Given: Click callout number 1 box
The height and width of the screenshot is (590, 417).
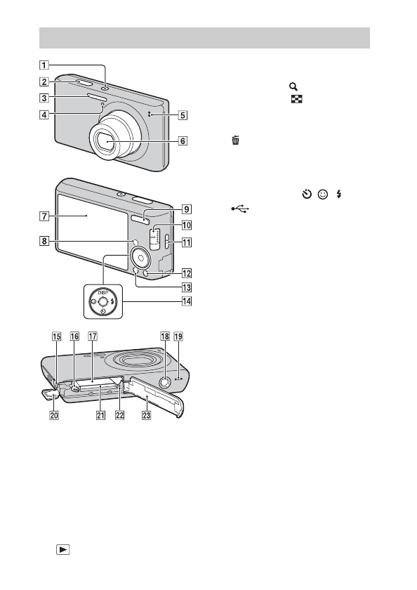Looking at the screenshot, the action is coord(44,65).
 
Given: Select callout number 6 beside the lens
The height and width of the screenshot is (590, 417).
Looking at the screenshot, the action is coord(183,140).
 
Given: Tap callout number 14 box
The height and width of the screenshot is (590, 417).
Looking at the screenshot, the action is coord(187,301).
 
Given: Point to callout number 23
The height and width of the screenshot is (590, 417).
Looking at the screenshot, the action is coord(146,414).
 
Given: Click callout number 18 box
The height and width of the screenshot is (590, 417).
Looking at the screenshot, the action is coord(165,336).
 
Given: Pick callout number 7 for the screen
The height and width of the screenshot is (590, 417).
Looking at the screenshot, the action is coord(44,216).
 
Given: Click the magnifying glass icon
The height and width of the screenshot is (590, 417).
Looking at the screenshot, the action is coord(293,86).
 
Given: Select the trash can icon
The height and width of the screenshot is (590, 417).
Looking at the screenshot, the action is coord(236,140).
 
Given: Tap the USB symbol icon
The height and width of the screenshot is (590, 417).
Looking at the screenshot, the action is coord(240,209).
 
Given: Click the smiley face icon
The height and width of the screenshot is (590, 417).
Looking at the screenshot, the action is coord(323,194).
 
